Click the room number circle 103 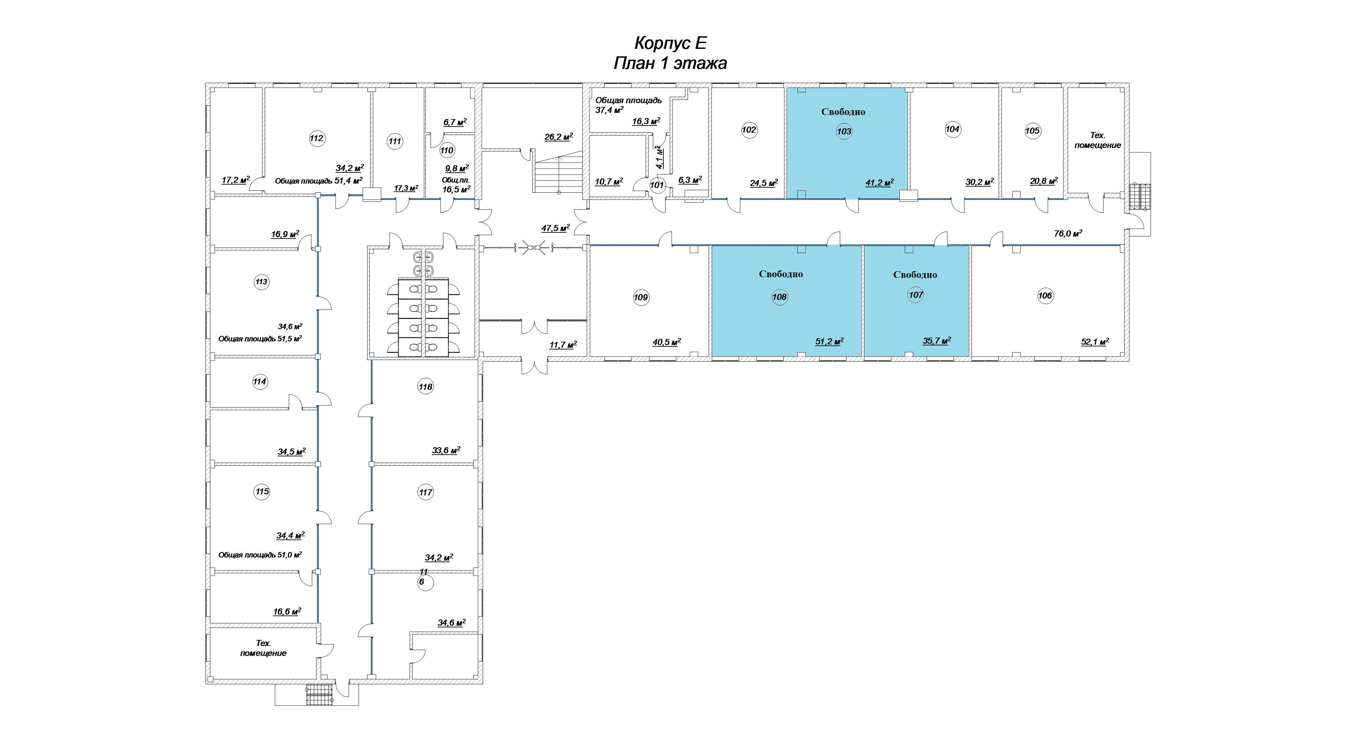[844, 132]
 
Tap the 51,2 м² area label [830, 342]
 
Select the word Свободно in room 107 [915, 274]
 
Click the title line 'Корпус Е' [670, 43]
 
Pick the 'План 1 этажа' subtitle [670, 63]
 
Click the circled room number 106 [1045, 296]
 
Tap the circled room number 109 [641, 298]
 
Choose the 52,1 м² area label [1095, 342]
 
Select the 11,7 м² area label [563, 345]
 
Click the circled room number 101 [657, 185]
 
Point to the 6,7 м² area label [455, 122]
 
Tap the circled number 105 [1032, 131]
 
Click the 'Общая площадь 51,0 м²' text [260, 555]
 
